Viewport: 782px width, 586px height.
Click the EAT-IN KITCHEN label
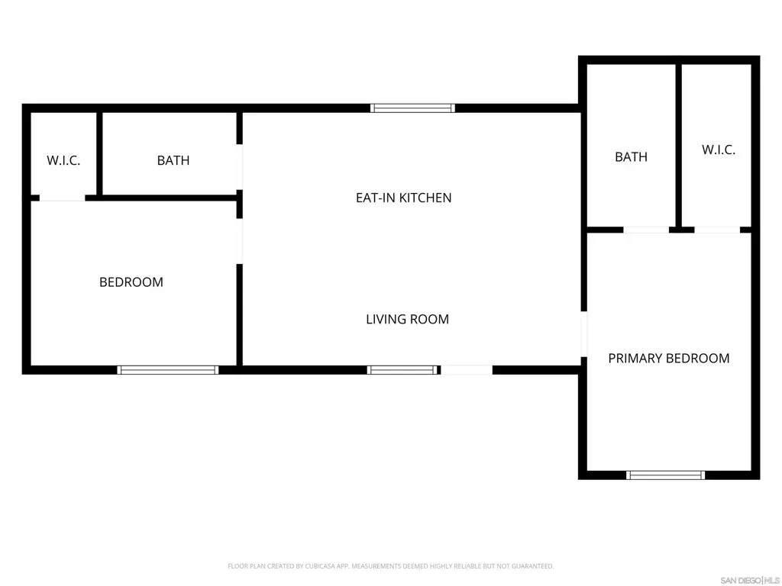click(403, 198)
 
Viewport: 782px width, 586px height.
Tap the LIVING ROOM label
click(408, 320)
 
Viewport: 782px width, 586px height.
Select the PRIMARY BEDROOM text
click(669, 359)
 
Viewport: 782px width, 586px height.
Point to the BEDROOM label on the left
click(131, 282)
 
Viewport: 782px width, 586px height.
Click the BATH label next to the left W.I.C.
click(173, 160)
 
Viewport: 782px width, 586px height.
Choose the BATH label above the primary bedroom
click(631, 157)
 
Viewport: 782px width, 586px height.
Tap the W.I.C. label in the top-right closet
click(718, 150)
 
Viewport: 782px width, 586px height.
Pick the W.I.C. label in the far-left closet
click(63, 160)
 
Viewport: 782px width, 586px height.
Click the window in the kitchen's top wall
click(412, 108)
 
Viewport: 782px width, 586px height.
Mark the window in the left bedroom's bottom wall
click(167, 370)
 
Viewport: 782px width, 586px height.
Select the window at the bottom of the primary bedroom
click(665, 475)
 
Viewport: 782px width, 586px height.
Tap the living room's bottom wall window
click(402, 370)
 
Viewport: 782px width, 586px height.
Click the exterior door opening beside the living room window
click(467, 370)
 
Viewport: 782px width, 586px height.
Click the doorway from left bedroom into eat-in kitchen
click(239, 241)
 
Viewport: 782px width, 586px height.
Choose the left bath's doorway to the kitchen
click(239, 167)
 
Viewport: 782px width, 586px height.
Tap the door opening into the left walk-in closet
click(63, 198)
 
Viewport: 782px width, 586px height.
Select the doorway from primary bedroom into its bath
click(646, 230)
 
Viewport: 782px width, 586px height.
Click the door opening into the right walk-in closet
click(717, 230)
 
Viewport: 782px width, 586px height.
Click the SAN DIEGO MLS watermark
click(750, 581)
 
